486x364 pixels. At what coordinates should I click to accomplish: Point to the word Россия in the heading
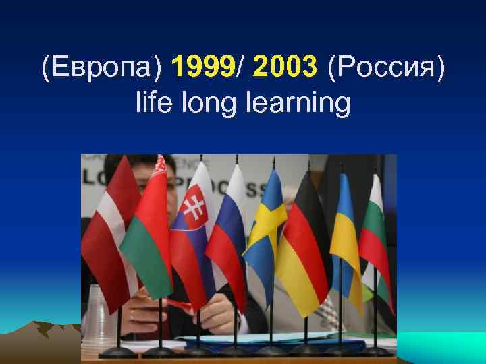coord(386,68)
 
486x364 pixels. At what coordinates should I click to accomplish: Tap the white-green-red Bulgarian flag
coord(375,229)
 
